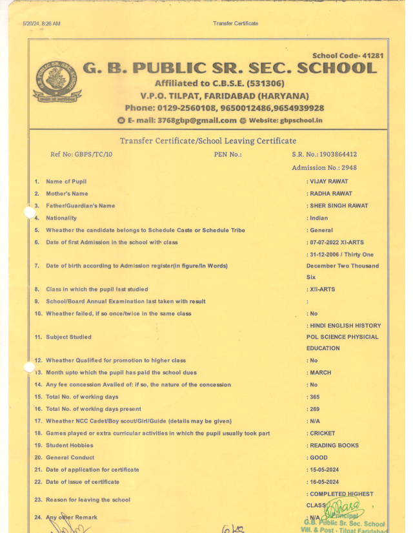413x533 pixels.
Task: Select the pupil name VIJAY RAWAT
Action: tap(329, 182)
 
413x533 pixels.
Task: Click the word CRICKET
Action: tap(323, 434)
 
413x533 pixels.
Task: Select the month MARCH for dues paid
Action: tap(321, 373)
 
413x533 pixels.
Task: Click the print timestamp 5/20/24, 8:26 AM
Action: tap(41, 23)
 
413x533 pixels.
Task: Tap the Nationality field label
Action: tap(61, 218)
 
